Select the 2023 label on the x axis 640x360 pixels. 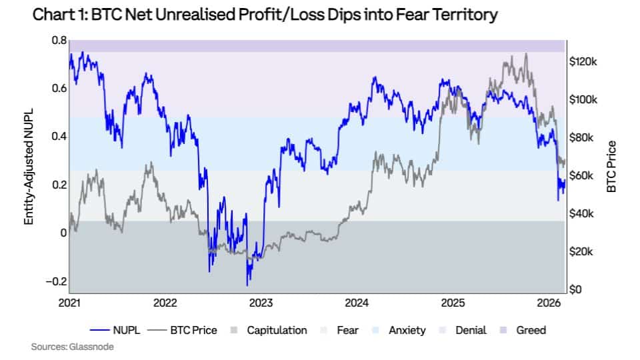[x=261, y=303]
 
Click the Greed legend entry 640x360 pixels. [x=531, y=330]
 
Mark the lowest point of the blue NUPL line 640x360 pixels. [x=248, y=285]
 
